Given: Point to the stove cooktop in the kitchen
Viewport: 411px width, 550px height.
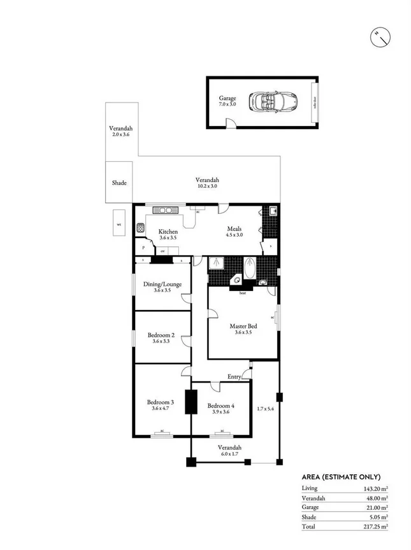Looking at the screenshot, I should point(140,227).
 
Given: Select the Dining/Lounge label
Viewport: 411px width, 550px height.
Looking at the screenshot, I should point(162,284).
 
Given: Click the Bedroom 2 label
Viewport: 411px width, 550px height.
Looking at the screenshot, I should point(161,335).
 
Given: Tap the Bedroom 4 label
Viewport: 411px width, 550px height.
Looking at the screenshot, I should point(221,405).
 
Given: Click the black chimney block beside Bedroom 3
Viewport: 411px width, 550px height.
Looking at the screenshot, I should point(189,402).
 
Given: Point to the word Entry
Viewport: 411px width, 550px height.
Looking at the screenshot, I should point(234,377).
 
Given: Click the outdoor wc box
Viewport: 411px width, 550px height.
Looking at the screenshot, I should point(119,223).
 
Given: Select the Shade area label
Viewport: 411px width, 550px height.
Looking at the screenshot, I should point(119,183).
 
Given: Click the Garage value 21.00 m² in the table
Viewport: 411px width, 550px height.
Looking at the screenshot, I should point(375,507).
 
